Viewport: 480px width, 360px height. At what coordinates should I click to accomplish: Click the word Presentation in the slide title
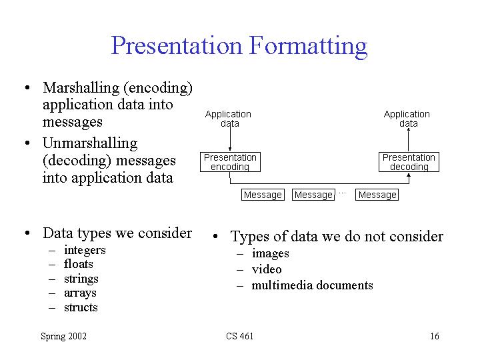tap(177, 45)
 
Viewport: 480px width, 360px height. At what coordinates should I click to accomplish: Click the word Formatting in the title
tap(308, 47)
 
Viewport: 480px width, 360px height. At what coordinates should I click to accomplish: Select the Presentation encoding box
tap(230, 162)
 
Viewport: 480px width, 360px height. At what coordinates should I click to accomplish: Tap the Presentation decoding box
tap(409, 162)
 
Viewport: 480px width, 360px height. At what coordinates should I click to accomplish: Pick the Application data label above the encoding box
tap(229, 119)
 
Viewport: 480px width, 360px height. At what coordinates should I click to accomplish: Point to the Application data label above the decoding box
tap(407, 119)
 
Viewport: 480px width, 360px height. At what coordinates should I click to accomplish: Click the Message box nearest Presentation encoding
tap(263, 195)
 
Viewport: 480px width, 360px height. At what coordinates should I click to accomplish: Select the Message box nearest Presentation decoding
tap(377, 195)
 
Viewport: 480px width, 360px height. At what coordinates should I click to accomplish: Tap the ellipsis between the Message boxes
tap(342, 193)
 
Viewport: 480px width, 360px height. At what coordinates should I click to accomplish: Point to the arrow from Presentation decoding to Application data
tap(409, 139)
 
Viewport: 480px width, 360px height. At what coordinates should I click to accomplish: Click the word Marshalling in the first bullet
tap(81, 88)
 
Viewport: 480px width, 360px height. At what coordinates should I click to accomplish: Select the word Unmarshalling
tap(90, 143)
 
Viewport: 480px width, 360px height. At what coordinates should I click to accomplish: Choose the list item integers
tap(85, 251)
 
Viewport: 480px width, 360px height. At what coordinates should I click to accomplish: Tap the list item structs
tap(81, 307)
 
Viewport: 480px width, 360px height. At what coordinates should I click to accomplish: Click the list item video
tap(267, 269)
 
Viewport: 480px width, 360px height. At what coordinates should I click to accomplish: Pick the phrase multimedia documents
tap(312, 285)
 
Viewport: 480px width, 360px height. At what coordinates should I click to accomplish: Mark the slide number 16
tap(435, 336)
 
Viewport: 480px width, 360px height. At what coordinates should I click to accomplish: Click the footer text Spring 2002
tap(64, 337)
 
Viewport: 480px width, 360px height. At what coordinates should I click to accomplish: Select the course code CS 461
tap(240, 336)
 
